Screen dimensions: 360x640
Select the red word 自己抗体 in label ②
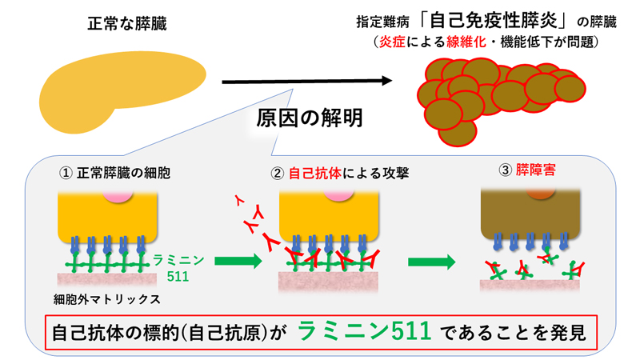(x=314, y=172)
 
